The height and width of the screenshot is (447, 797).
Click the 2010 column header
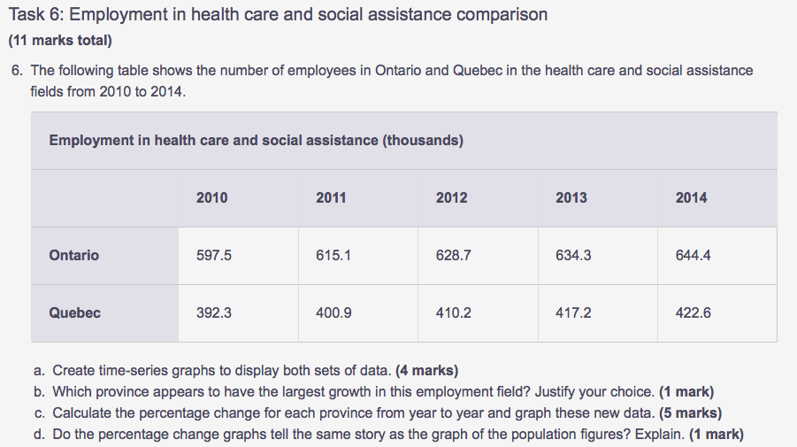click(211, 197)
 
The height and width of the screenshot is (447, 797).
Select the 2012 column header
click(452, 197)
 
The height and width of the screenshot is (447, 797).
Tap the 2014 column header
click(691, 197)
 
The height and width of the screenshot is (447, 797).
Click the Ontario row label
click(74, 255)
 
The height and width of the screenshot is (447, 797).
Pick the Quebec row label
click(75, 312)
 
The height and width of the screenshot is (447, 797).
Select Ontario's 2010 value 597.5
click(213, 255)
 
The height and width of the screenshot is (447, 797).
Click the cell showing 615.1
click(333, 255)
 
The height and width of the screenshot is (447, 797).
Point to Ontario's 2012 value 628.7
click(453, 255)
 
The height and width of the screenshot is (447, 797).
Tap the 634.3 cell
click(573, 255)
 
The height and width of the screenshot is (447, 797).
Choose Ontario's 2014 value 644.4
click(693, 255)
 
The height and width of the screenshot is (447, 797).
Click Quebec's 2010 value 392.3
click(213, 312)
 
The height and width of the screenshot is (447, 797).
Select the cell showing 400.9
click(333, 312)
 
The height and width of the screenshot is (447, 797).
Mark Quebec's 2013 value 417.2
click(573, 312)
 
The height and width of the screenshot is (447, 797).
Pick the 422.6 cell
click(693, 312)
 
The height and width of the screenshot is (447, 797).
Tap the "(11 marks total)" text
click(60, 41)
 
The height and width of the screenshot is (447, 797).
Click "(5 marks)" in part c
click(691, 412)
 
